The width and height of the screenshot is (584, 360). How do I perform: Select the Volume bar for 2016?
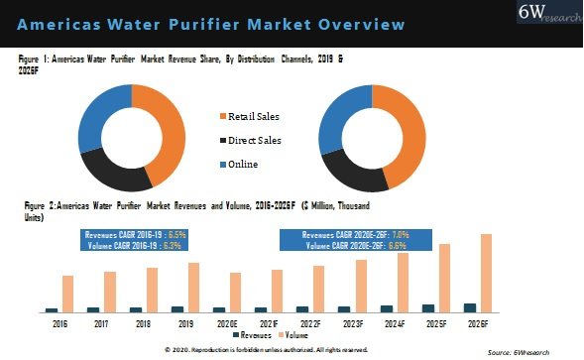click(x=67, y=294)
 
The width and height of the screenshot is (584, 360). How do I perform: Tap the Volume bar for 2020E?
click(x=235, y=292)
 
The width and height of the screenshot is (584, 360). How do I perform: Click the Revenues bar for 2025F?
click(x=427, y=307)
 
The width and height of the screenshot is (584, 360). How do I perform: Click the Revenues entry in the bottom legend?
click(x=257, y=335)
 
